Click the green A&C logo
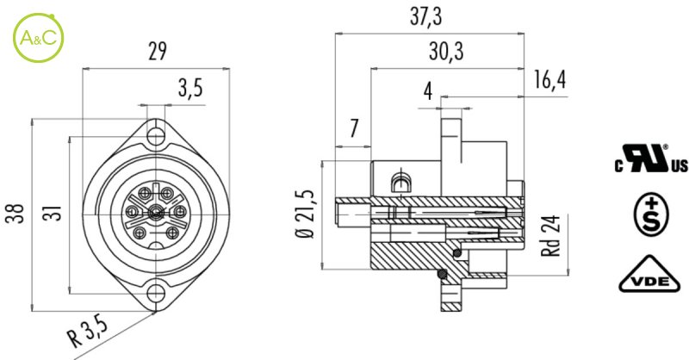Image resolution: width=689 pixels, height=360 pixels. (38, 38)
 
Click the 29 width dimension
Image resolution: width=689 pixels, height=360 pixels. (158, 52)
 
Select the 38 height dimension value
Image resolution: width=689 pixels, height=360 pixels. (16, 214)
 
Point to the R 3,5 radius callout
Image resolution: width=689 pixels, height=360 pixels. (88, 332)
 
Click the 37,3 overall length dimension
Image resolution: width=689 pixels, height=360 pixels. (424, 17)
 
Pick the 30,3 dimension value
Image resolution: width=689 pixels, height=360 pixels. (446, 52)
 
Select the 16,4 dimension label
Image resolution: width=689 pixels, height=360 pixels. (549, 80)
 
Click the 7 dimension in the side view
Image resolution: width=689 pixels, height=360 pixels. (354, 128)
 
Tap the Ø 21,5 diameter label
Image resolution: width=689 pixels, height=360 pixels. (307, 214)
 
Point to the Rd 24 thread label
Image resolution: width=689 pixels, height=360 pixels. (551, 236)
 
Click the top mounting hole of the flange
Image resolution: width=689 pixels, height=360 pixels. (156, 136)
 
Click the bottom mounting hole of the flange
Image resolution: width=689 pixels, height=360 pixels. (156, 293)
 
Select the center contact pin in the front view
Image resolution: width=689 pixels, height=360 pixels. (155, 214)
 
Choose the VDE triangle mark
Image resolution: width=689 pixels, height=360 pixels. (650, 275)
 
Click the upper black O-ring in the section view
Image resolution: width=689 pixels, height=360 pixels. (457, 252)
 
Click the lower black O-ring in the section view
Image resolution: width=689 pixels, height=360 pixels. (443, 274)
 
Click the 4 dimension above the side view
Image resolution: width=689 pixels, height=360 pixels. (427, 91)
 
